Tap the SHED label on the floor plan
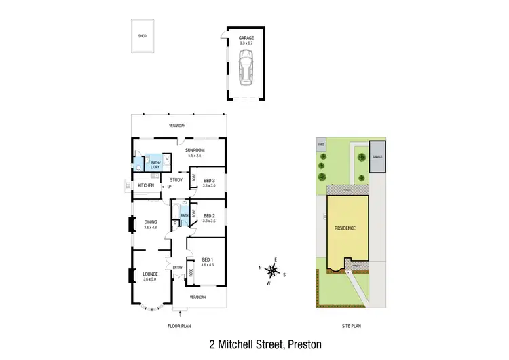(143, 35)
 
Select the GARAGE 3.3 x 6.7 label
(245, 41)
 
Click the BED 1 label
(207, 261)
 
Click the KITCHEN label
(146, 185)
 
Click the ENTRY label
(178, 268)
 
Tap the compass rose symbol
(271, 272)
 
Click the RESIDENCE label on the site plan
(345, 228)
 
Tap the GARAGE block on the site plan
(377, 157)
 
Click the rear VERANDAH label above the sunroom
(177, 126)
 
